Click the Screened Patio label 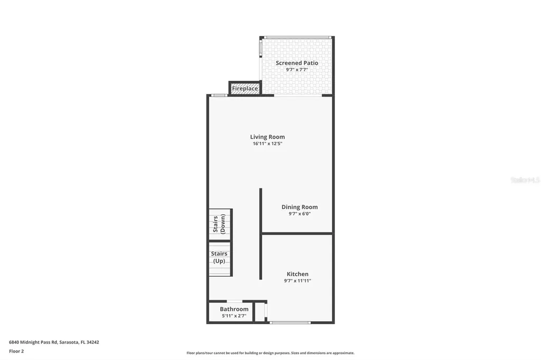tap(297, 63)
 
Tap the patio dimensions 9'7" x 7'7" tap(297, 70)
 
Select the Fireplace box tap(245, 88)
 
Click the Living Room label tap(267, 137)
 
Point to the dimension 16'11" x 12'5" tap(267, 144)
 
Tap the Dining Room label tap(300, 207)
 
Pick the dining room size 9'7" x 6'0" tap(300, 214)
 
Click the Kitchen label tap(297, 274)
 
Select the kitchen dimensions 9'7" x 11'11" tap(297, 281)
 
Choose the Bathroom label tap(234, 309)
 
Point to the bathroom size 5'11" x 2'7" tap(234, 316)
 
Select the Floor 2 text tap(16, 350)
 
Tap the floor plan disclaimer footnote tap(270, 353)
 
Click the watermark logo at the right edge tap(525, 180)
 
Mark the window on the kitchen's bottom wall tap(290, 322)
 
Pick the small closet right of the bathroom tap(259, 311)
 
